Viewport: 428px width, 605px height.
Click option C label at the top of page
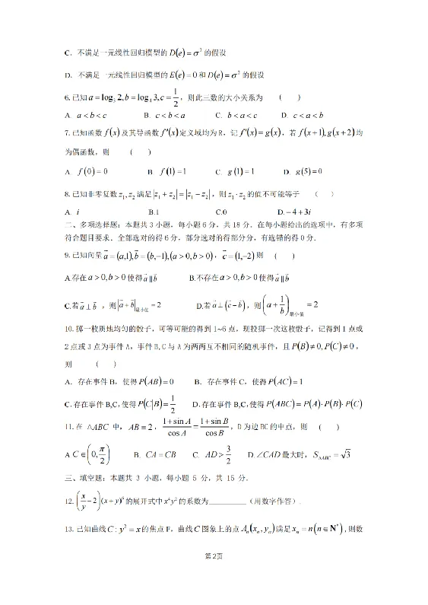tap(67, 53)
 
